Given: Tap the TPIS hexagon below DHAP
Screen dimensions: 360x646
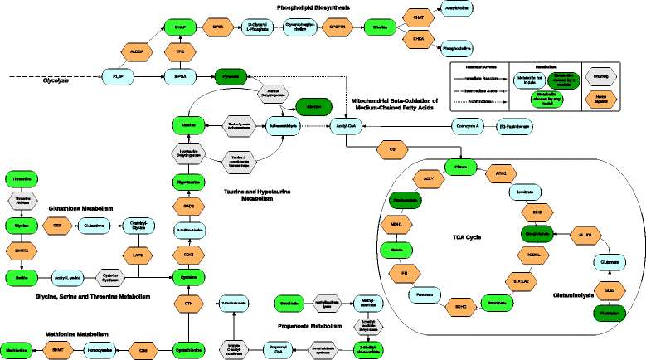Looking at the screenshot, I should (180, 51).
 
